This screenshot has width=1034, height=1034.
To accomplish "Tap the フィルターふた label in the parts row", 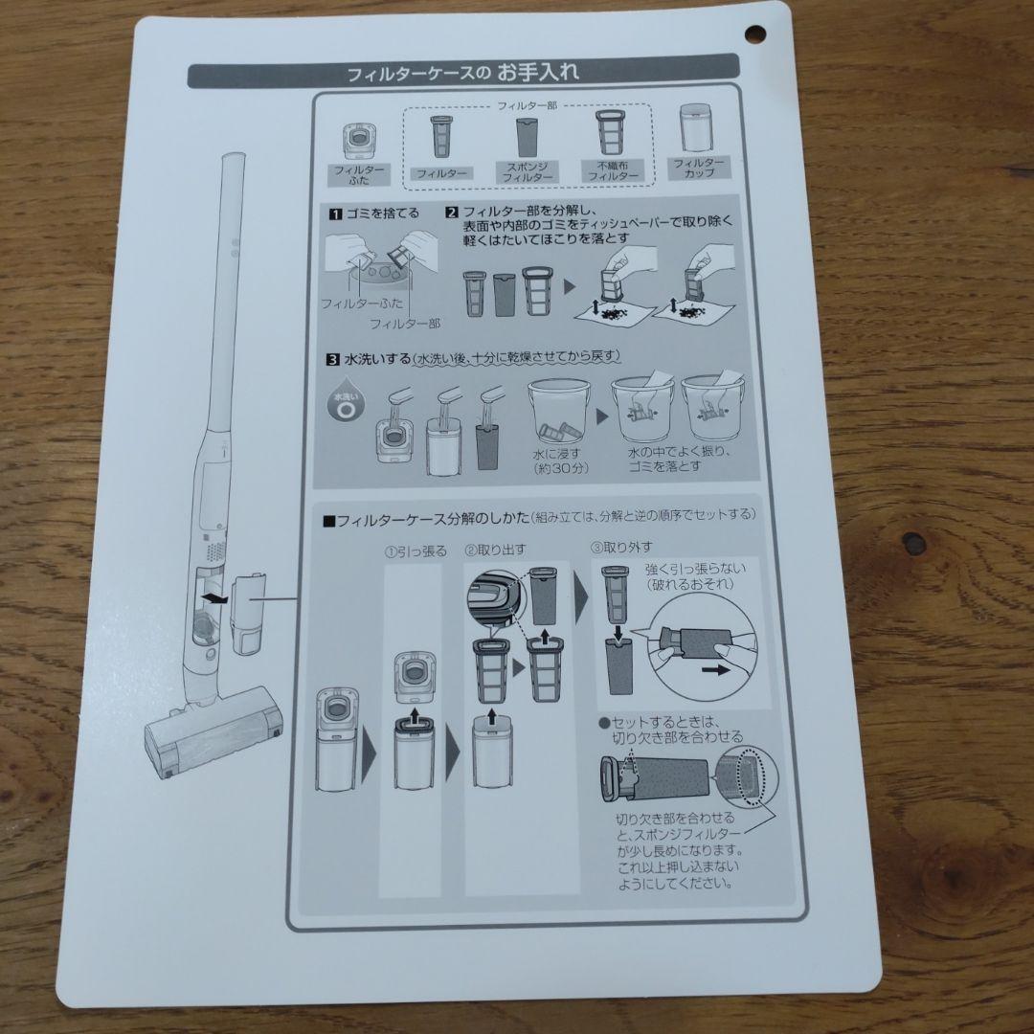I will tap(357, 173).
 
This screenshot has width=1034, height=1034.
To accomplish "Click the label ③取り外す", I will tap(621, 548).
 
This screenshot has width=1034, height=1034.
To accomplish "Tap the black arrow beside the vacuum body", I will tap(217, 599).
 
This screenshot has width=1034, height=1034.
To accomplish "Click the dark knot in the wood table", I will tap(913, 543).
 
